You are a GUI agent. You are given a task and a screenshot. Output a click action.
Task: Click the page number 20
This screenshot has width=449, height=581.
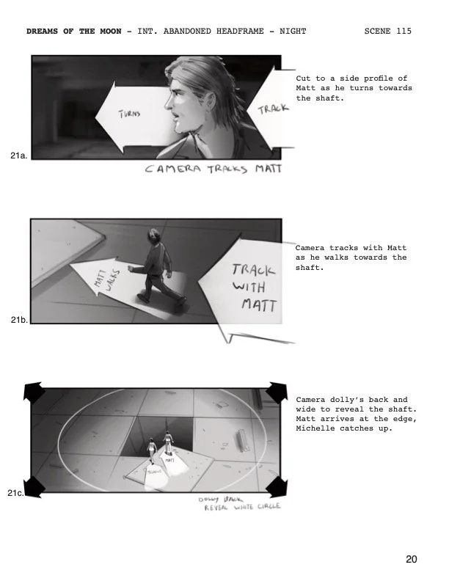[412, 560]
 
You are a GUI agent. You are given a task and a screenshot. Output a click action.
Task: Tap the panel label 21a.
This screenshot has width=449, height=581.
[20, 156]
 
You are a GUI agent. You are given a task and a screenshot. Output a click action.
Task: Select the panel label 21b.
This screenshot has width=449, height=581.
[20, 320]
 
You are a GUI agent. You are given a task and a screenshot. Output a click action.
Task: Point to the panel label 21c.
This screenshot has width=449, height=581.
[16, 494]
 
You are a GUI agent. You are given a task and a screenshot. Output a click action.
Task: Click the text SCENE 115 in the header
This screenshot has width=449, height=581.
[387, 32]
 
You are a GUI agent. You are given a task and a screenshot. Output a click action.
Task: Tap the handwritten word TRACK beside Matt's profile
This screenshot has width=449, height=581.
[273, 109]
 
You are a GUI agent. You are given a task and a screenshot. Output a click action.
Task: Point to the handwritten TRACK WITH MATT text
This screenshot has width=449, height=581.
[255, 286]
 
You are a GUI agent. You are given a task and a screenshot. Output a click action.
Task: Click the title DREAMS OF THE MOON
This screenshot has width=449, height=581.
[76, 32]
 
